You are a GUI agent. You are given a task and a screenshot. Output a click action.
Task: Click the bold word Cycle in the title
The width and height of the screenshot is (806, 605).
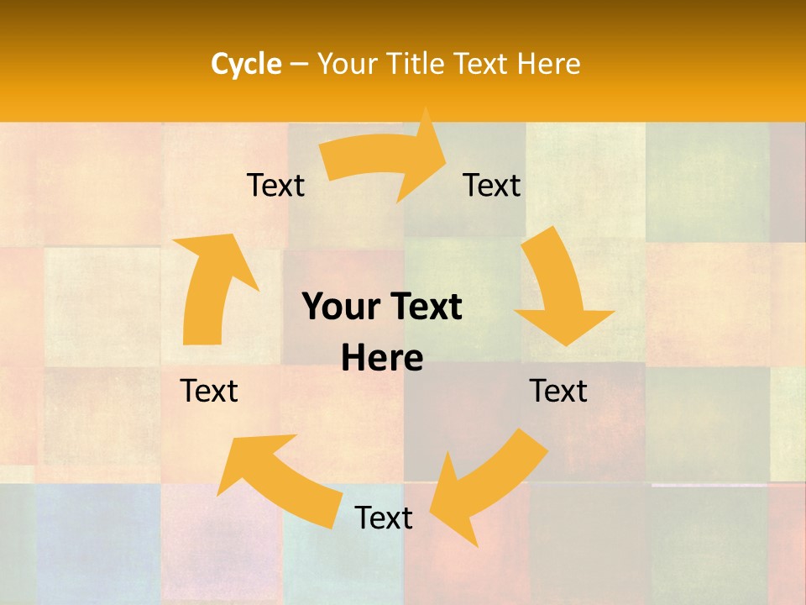click(246, 64)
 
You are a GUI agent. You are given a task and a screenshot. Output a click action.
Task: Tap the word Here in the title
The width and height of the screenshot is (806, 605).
click(549, 64)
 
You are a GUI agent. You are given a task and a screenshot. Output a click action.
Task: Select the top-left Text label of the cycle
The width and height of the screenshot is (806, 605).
click(275, 185)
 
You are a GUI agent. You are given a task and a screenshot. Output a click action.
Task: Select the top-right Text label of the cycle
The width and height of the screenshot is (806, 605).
click(492, 185)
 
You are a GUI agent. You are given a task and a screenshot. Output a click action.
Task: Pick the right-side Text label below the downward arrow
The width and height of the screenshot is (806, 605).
click(558, 391)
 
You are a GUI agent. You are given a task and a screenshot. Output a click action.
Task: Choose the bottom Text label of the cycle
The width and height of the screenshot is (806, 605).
click(384, 518)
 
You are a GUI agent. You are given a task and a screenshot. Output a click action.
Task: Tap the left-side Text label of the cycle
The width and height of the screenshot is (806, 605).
click(209, 391)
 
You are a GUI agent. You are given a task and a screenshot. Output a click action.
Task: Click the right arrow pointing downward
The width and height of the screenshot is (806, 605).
click(558, 286)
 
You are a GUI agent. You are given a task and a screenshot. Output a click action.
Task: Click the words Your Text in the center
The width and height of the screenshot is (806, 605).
click(382, 308)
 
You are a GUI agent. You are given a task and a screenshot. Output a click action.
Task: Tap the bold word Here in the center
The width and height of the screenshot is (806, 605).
click(382, 358)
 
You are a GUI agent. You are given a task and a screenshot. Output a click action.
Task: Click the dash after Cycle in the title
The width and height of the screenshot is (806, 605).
click(299, 65)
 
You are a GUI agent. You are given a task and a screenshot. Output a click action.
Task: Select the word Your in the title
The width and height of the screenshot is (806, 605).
click(345, 64)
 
